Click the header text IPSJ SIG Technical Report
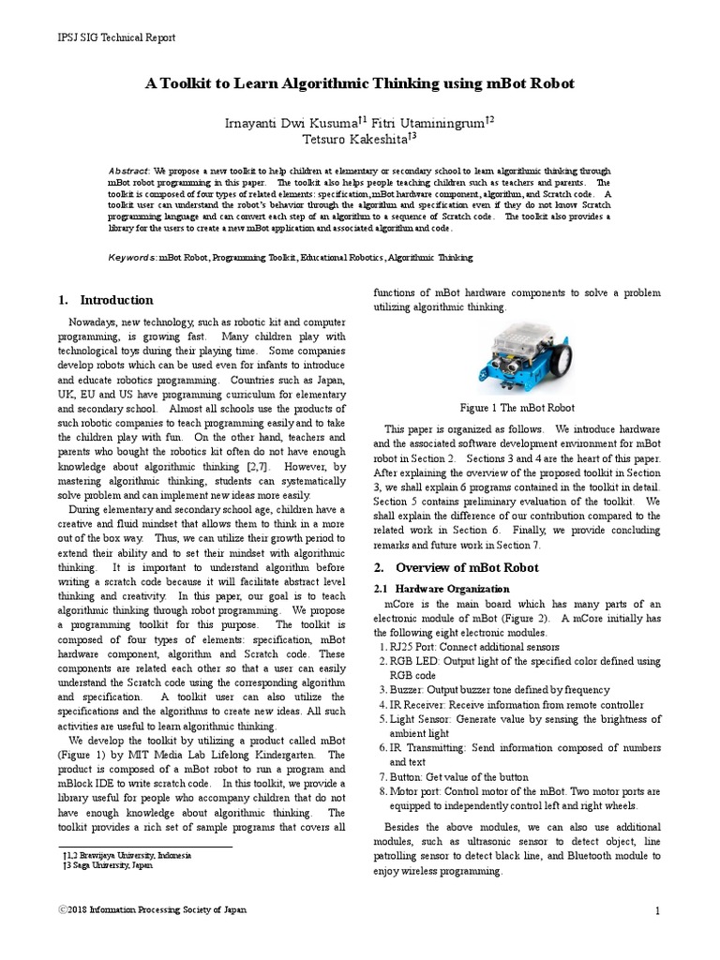(117, 37)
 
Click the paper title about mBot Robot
(359, 83)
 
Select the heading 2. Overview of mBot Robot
(456, 568)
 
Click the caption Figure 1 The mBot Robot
(517, 408)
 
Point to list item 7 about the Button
(454, 777)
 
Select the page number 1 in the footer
(658, 911)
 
